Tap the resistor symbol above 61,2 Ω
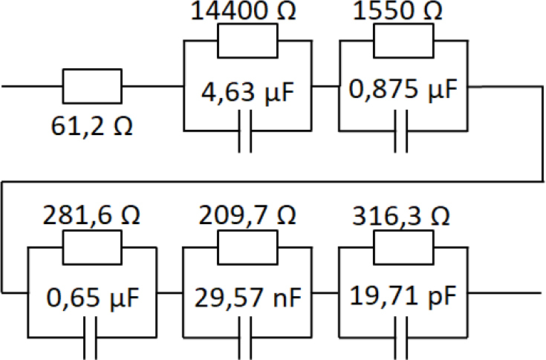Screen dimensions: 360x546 [91, 86]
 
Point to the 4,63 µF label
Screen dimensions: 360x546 [247, 95]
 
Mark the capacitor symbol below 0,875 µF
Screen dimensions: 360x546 [402, 138]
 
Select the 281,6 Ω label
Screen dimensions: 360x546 [92, 217]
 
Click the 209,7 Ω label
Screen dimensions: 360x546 [248, 217]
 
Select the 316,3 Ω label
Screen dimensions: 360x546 [403, 217]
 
